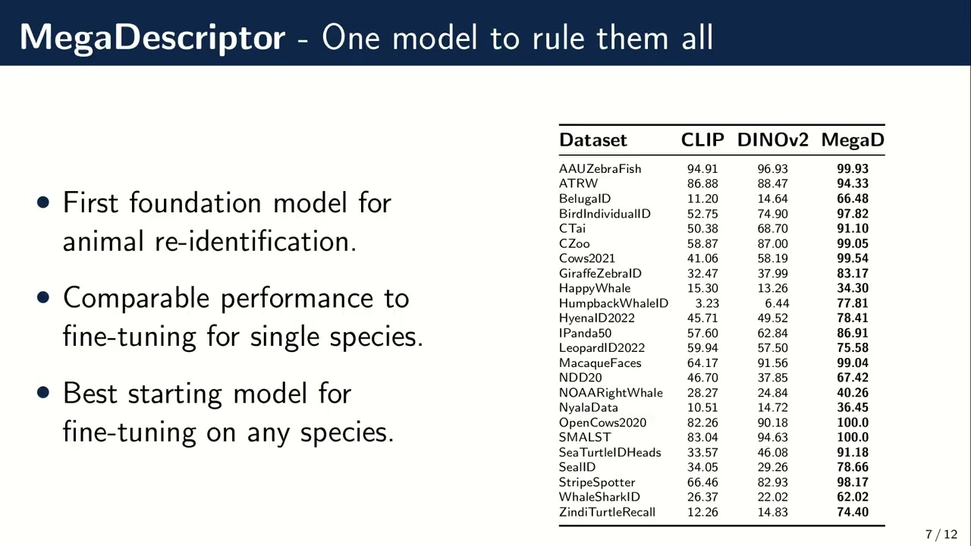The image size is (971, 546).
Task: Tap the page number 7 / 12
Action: (x=941, y=535)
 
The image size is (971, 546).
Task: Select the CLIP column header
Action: (x=702, y=140)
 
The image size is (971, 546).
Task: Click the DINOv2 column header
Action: (x=772, y=140)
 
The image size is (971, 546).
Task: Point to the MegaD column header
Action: (x=853, y=140)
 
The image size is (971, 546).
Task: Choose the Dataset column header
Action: (x=593, y=140)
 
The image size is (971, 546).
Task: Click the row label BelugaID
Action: (x=585, y=199)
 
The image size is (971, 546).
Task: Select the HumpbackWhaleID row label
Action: (x=614, y=303)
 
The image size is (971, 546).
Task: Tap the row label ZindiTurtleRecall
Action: (x=607, y=512)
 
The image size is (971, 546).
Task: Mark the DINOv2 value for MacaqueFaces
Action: (x=772, y=362)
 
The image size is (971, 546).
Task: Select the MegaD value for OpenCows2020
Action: (x=853, y=422)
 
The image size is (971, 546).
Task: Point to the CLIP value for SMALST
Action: (x=702, y=437)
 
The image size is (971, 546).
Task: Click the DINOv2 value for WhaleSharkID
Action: (x=772, y=497)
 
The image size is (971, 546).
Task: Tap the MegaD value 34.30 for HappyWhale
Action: (x=853, y=288)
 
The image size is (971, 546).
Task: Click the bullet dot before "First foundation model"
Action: (x=43, y=202)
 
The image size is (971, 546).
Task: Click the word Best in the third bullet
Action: (x=89, y=393)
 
